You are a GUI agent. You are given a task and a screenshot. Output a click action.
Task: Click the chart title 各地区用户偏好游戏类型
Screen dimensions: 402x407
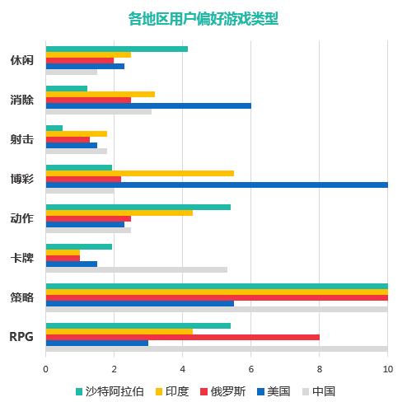203,18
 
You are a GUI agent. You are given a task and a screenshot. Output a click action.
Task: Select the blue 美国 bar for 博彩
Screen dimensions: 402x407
217,185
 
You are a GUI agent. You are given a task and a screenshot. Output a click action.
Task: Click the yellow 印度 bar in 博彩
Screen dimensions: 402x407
139,173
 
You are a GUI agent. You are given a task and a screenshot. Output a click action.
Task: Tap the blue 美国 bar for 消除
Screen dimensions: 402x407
148,105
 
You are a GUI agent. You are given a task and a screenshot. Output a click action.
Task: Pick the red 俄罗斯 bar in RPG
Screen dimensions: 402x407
182,337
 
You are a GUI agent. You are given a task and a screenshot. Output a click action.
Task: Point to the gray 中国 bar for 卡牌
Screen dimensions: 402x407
136,269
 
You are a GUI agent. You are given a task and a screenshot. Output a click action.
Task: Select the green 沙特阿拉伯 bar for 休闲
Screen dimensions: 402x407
116,49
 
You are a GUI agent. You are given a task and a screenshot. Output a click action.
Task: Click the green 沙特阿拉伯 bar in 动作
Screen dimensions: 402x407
138,207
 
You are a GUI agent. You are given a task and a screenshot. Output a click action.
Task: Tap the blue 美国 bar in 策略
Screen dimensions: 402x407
139,303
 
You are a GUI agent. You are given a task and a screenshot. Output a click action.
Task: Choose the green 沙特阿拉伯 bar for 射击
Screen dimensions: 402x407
54,128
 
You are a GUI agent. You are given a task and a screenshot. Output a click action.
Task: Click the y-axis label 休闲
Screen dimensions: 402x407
22,60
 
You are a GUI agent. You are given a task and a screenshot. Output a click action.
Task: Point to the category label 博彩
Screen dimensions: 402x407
22,179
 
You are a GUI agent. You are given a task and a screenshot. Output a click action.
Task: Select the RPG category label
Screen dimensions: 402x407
21,337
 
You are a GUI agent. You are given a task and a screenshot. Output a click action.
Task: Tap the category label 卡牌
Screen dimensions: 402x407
22,258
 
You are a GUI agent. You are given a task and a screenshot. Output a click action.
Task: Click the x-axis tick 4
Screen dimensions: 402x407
182,368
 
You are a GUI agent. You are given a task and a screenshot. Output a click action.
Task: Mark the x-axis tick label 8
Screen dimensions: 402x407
319,368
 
